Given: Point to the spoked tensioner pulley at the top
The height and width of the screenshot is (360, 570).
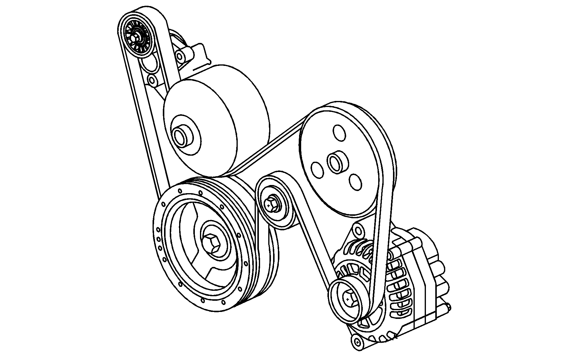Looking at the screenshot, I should tap(137, 36).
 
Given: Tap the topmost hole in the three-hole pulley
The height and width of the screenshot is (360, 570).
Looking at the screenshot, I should tap(339, 132).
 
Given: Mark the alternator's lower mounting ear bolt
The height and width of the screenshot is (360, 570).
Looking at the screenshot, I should tap(358, 342).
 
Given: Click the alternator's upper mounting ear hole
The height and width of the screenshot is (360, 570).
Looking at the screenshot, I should tap(358, 231).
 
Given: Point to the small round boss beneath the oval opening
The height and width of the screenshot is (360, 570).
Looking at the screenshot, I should tap(153, 80).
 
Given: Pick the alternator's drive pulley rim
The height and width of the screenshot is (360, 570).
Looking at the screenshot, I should tap(336, 304).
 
